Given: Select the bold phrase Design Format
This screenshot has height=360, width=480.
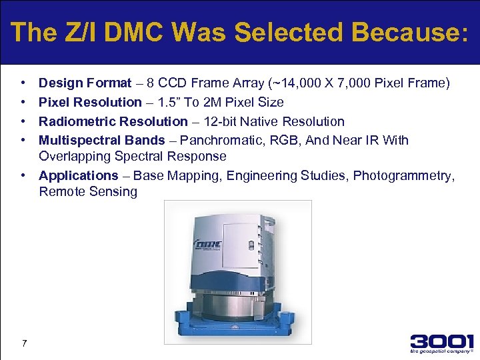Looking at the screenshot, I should click(x=85, y=83).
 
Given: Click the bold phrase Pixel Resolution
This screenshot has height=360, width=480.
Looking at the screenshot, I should click(x=90, y=102).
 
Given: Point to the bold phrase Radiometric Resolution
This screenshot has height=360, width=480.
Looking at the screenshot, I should click(x=113, y=121).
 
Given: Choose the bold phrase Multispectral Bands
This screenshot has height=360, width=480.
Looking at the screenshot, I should click(x=101, y=140).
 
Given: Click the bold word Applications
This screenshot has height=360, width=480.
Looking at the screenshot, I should click(x=78, y=175).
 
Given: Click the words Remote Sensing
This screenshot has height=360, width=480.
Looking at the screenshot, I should click(x=88, y=192).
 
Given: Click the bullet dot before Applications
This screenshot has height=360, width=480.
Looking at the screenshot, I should click(x=23, y=175).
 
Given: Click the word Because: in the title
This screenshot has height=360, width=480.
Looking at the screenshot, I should click(x=409, y=31).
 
